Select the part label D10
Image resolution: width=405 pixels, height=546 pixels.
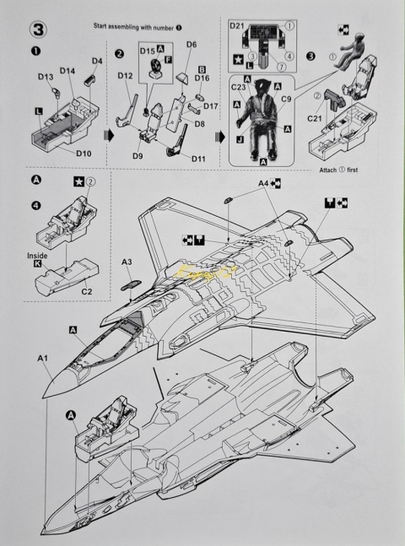point(84,154)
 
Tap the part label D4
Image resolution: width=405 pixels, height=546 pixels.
point(97,61)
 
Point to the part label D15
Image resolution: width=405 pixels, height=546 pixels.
point(147,51)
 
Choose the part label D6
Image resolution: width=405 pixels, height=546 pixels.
point(191,44)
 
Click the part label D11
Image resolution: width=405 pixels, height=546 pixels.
point(199,158)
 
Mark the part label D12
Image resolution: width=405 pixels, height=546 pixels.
point(126,76)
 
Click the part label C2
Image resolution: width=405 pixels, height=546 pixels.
point(86,292)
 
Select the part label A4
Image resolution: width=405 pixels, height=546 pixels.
point(262,182)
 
